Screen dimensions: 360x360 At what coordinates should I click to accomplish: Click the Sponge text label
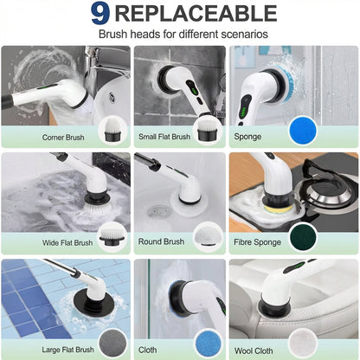click(x=247, y=137)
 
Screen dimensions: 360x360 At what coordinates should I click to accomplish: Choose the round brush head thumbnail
click(x=206, y=235)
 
